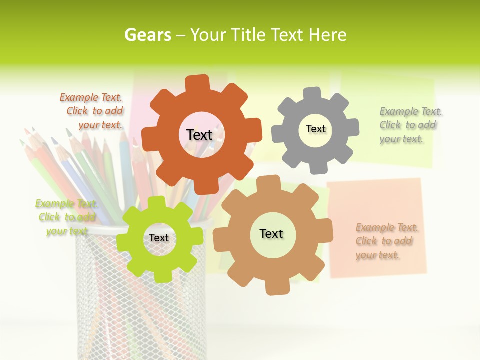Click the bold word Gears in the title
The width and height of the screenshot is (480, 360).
click(147, 35)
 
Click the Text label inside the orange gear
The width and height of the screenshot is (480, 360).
click(199, 135)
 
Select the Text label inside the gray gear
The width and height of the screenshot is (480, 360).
click(315, 129)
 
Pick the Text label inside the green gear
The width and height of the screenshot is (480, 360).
click(159, 238)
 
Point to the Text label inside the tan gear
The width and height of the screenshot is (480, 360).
click(271, 233)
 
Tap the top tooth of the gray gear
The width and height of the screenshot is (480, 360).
click(312, 94)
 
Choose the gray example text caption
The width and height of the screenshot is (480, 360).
click(410, 125)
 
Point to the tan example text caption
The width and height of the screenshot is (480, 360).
click(386, 241)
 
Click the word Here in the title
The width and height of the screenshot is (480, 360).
click(328, 35)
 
